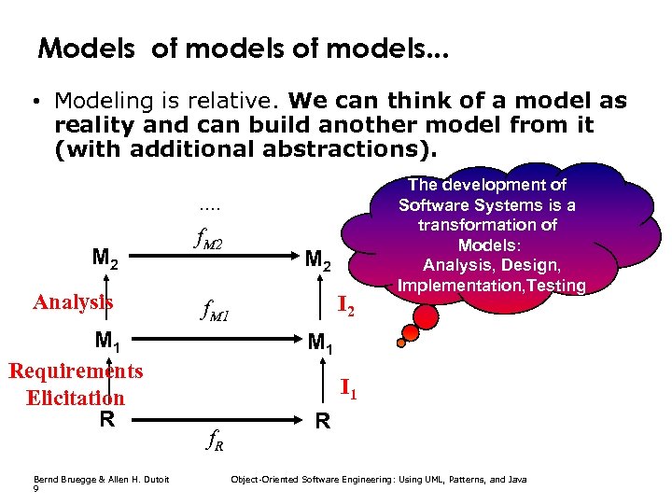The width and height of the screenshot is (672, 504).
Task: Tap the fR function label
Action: point(214,440)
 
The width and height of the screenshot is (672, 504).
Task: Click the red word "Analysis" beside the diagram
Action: point(73,301)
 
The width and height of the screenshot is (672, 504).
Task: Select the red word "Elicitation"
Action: point(76,398)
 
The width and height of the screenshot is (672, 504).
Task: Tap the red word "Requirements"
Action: point(76,371)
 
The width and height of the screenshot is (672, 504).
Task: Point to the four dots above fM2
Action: point(210,206)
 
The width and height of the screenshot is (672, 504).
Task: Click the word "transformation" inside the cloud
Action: point(487,225)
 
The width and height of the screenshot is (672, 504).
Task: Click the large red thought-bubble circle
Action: point(427,317)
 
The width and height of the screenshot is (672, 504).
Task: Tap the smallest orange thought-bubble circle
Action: point(401,343)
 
